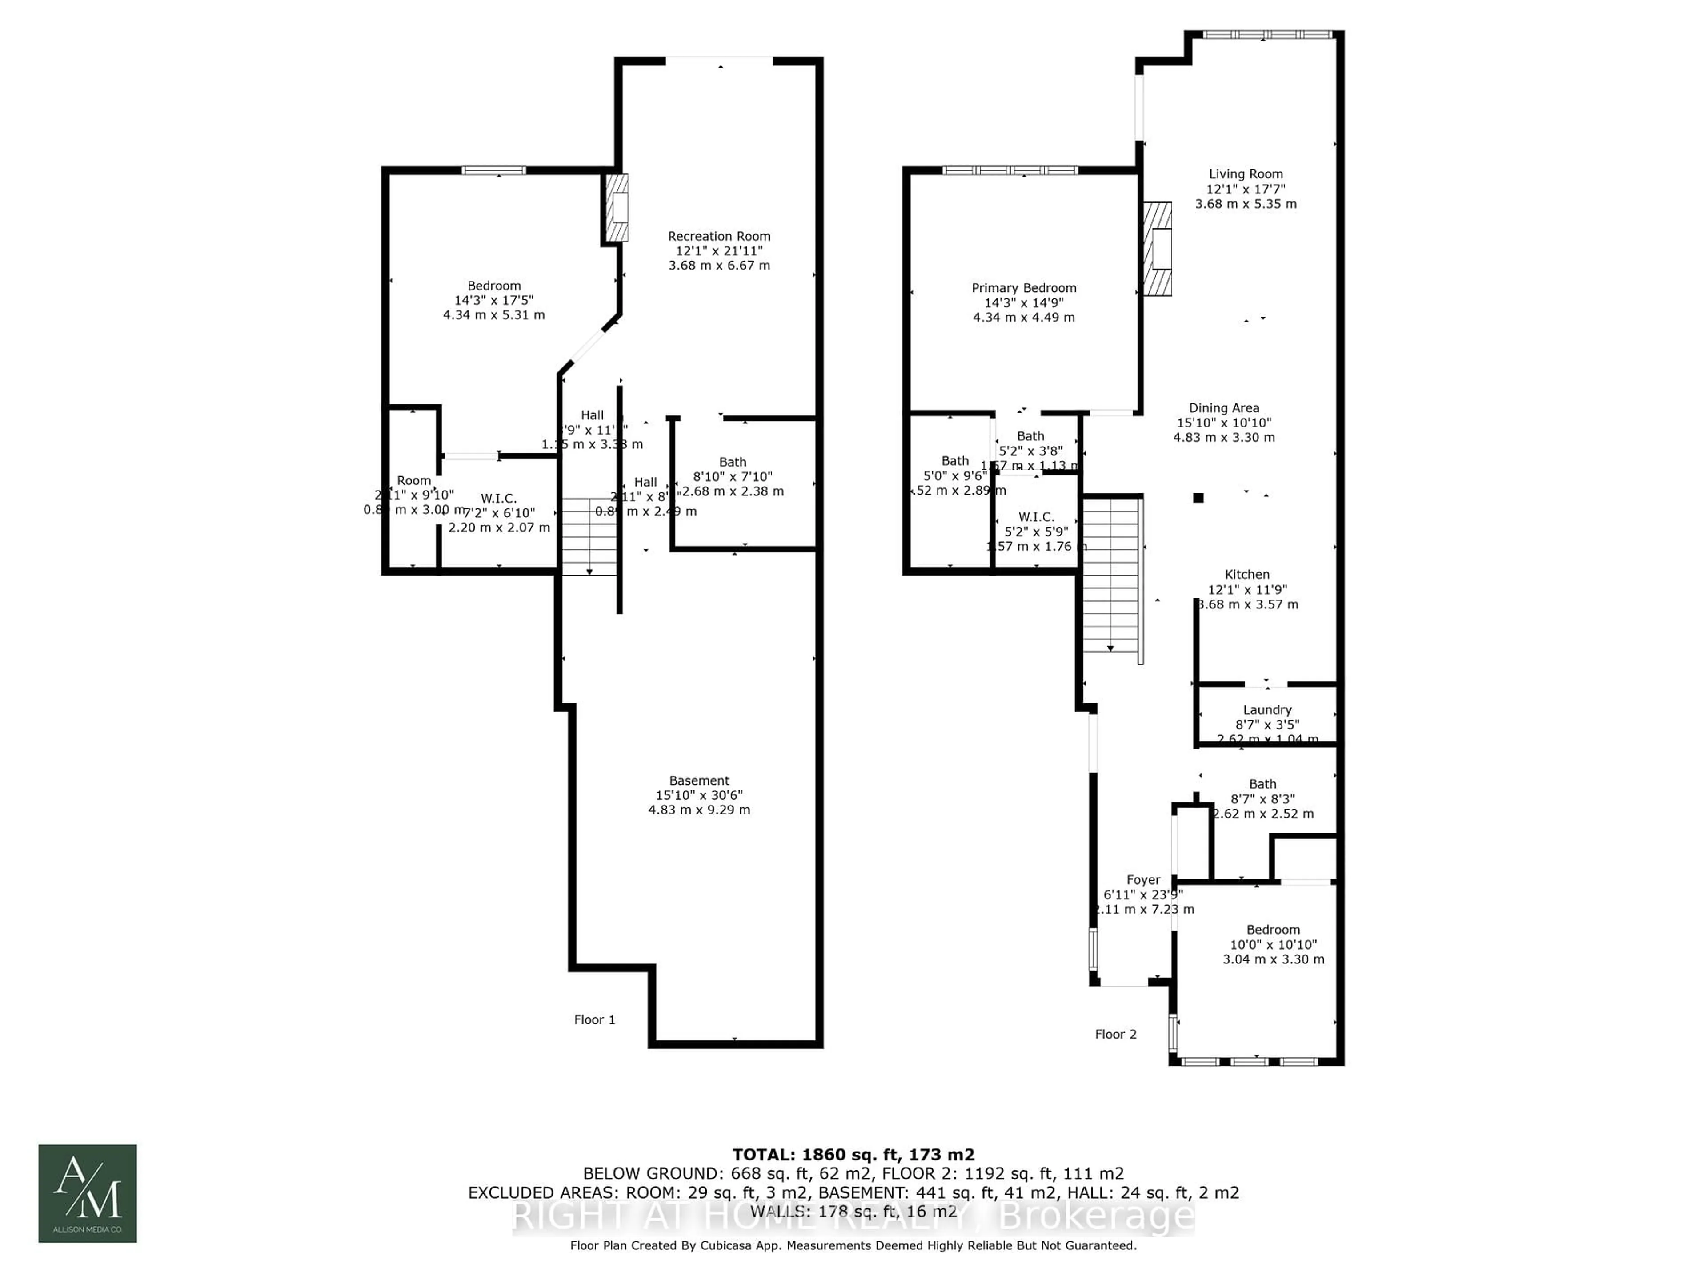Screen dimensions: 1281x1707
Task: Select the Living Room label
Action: tap(1246, 174)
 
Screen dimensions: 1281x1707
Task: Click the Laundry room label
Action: tap(1266, 709)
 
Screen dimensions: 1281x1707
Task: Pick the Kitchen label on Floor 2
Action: tap(1246, 575)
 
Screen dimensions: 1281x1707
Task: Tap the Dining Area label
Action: tap(1223, 408)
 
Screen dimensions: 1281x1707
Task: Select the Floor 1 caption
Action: tap(594, 1019)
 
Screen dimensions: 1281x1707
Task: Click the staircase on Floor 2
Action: tap(1111, 575)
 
